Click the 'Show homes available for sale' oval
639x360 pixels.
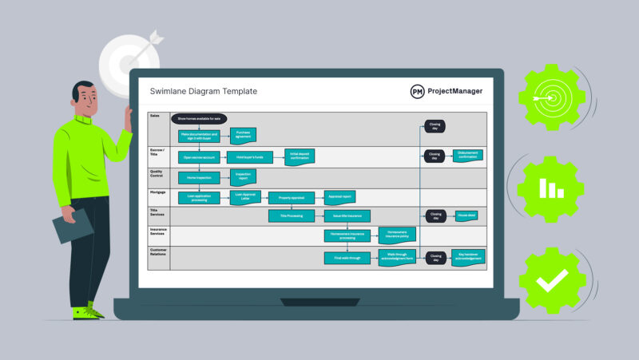(x=199, y=118)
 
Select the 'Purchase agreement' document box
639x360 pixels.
(x=243, y=135)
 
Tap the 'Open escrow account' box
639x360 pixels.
(x=199, y=156)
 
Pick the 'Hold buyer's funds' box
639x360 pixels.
(x=246, y=156)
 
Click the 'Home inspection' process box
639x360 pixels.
(x=199, y=177)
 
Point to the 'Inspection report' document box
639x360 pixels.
(x=243, y=176)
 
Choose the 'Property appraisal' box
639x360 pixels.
(x=291, y=198)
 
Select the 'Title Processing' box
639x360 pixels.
(x=291, y=216)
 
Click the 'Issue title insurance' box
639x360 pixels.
(x=347, y=216)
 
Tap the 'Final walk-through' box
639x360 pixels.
(x=347, y=258)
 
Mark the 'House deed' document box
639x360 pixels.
(x=467, y=216)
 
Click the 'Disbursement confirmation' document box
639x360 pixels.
(x=467, y=156)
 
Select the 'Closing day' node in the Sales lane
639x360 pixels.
(x=435, y=126)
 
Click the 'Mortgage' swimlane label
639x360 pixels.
(x=158, y=192)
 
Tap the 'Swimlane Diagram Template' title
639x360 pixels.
(x=204, y=92)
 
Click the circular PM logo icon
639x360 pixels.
(x=417, y=92)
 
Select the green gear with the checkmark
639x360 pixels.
(x=552, y=279)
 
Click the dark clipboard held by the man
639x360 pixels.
(x=73, y=226)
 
